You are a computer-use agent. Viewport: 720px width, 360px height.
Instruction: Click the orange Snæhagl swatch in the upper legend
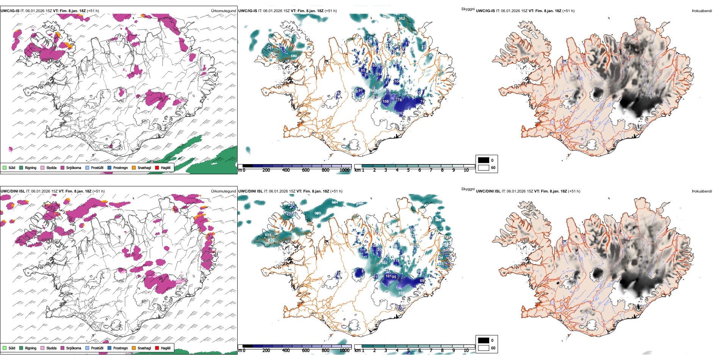point(134,167)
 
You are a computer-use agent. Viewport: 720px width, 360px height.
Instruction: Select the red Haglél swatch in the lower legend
point(157,348)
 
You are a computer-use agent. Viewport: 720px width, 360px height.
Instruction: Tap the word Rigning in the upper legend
point(31,167)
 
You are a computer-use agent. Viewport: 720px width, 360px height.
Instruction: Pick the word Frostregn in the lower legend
point(121,348)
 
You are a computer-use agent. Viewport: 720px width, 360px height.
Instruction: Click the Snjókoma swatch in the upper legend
point(63,167)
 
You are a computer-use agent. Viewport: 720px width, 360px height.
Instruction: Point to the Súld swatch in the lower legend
point(5,348)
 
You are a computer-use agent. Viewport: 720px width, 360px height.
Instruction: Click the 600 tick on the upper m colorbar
point(306,170)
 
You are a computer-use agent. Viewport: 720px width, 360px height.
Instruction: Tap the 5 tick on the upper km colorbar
point(408,170)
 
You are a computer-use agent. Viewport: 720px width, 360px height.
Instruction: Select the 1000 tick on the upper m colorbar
point(344,170)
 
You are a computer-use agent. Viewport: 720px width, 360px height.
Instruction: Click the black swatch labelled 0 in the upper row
point(484,160)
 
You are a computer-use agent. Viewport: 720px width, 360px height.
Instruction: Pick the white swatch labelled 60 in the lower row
point(484,348)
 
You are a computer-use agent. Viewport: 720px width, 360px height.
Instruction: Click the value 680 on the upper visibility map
point(294,56)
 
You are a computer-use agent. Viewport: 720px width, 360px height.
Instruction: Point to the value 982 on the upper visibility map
point(402,18)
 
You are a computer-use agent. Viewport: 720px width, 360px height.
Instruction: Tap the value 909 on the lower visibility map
point(318,213)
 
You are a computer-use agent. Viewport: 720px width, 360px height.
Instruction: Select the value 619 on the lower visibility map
point(268,235)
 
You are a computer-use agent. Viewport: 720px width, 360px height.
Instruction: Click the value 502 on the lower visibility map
point(384,263)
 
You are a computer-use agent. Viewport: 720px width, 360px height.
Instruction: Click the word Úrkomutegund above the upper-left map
point(223,11)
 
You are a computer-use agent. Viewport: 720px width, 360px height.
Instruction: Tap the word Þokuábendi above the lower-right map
point(702,191)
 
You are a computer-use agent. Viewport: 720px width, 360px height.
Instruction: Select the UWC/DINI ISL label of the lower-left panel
point(13,191)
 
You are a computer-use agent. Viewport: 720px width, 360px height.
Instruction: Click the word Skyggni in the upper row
point(468,9)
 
